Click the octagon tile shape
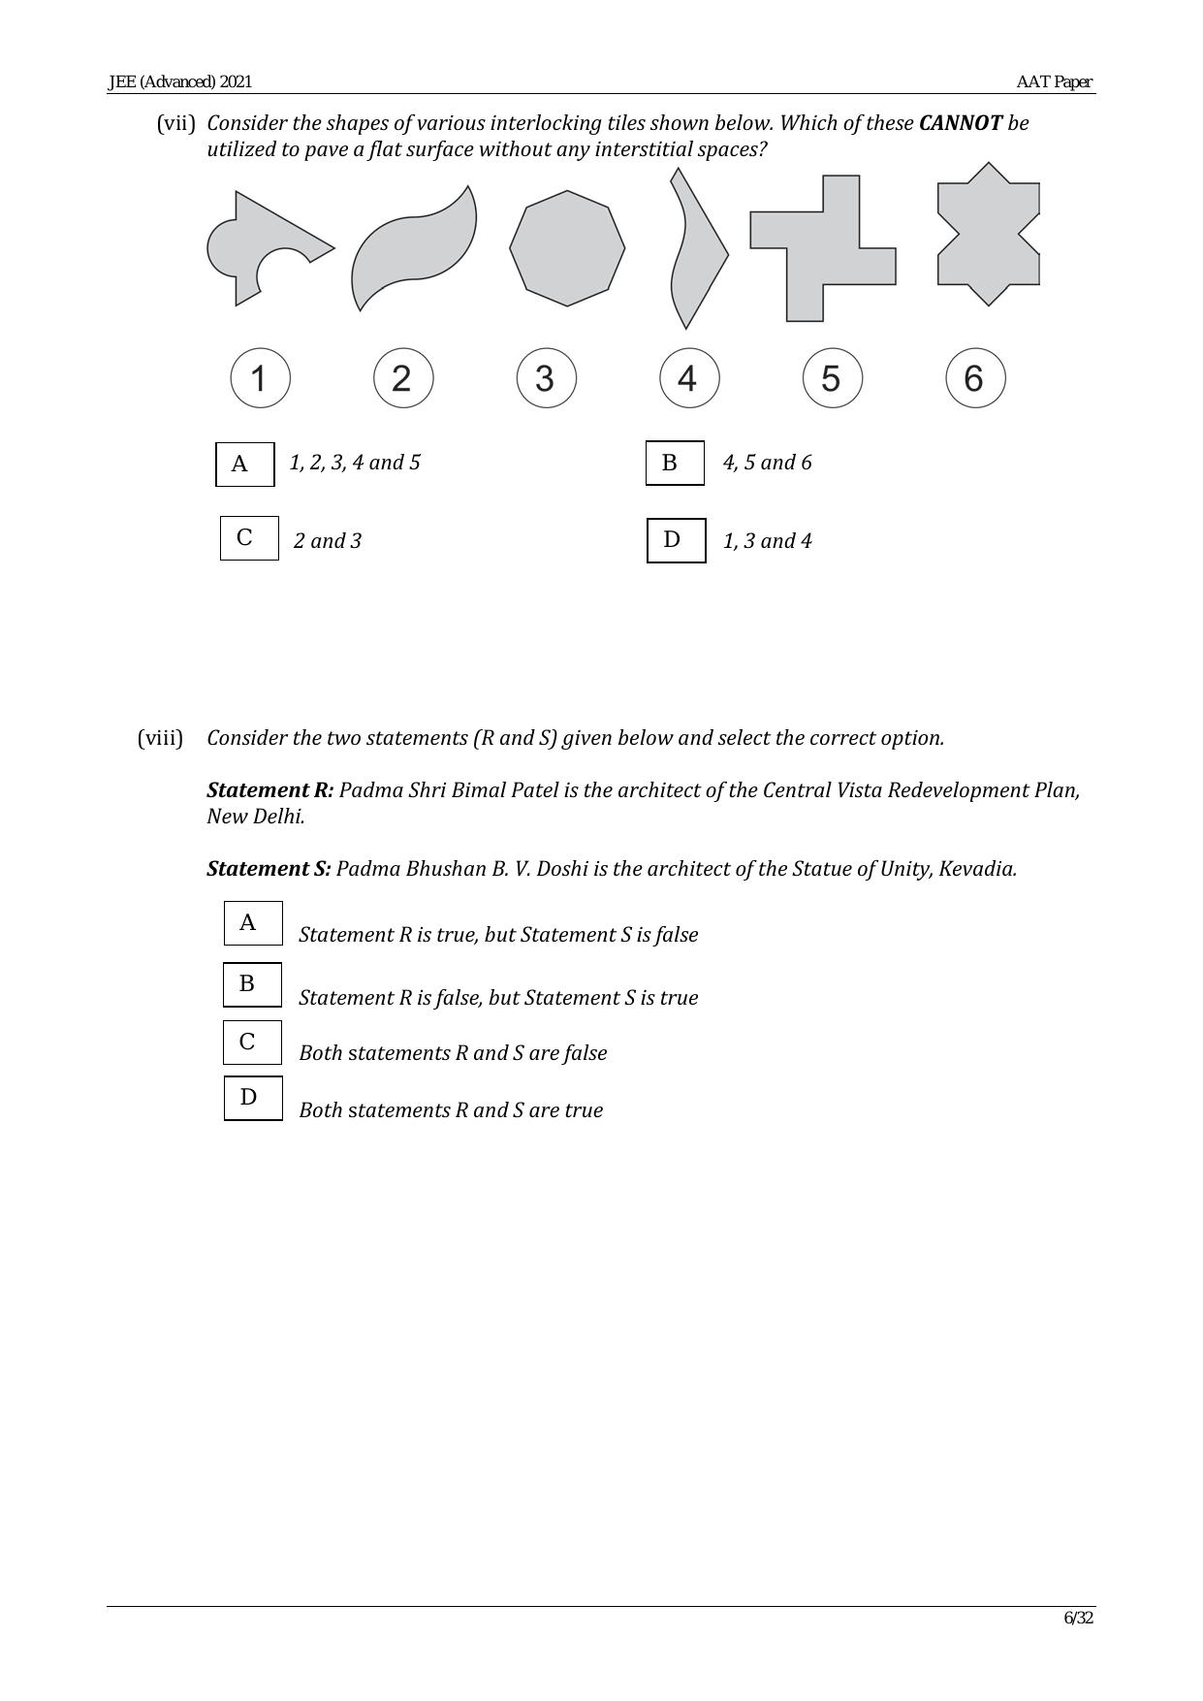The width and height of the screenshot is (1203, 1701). click(567, 248)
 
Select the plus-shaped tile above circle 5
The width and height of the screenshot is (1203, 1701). click(823, 249)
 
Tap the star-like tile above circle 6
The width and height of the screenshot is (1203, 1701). click(988, 234)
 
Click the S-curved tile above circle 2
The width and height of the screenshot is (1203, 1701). click(415, 248)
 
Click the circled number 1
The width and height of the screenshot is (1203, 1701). click(260, 378)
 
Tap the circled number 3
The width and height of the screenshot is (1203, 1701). click(546, 378)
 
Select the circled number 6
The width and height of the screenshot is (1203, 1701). click(975, 378)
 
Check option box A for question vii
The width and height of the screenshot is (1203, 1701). click(244, 464)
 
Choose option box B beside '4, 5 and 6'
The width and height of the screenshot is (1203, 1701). click(675, 463)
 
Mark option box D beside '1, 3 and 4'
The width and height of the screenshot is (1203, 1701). click(676, 540)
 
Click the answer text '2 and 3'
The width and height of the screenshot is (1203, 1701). click(328, 541)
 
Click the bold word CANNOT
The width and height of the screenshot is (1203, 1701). click(960, 123)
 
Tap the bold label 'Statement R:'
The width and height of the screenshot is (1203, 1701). click(269, 790)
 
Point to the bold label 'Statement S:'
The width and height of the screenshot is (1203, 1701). click(269, 869)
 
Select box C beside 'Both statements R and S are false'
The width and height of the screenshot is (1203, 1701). click(252, 1043)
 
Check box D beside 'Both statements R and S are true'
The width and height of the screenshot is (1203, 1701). click(253, 1098)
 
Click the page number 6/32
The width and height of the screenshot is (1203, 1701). click(1078, 1618)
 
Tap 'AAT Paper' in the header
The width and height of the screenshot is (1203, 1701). click(1054, 82)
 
